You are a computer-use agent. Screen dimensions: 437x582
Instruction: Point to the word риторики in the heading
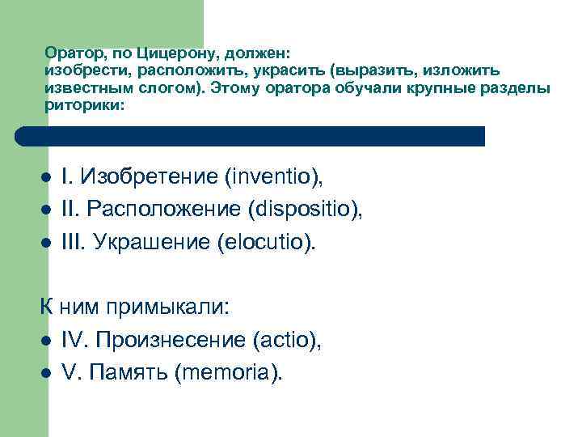pos(83,105)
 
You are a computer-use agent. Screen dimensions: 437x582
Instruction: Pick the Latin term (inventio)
pos(277,176)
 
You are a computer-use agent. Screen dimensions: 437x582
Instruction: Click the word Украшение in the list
pos(153,244)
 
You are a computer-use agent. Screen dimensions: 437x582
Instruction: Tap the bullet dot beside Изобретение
pos(47,177)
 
